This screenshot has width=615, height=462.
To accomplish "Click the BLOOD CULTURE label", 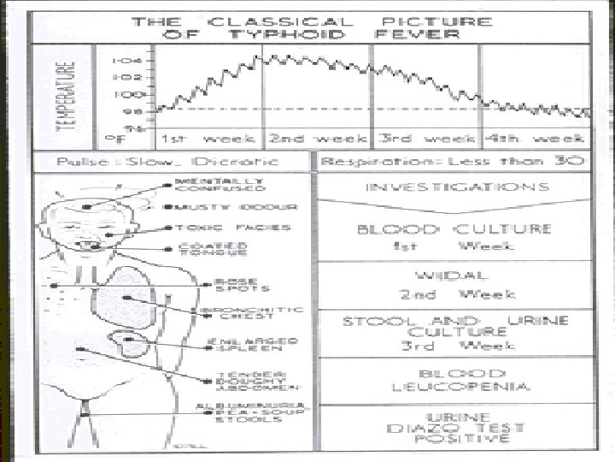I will pos(453,229).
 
